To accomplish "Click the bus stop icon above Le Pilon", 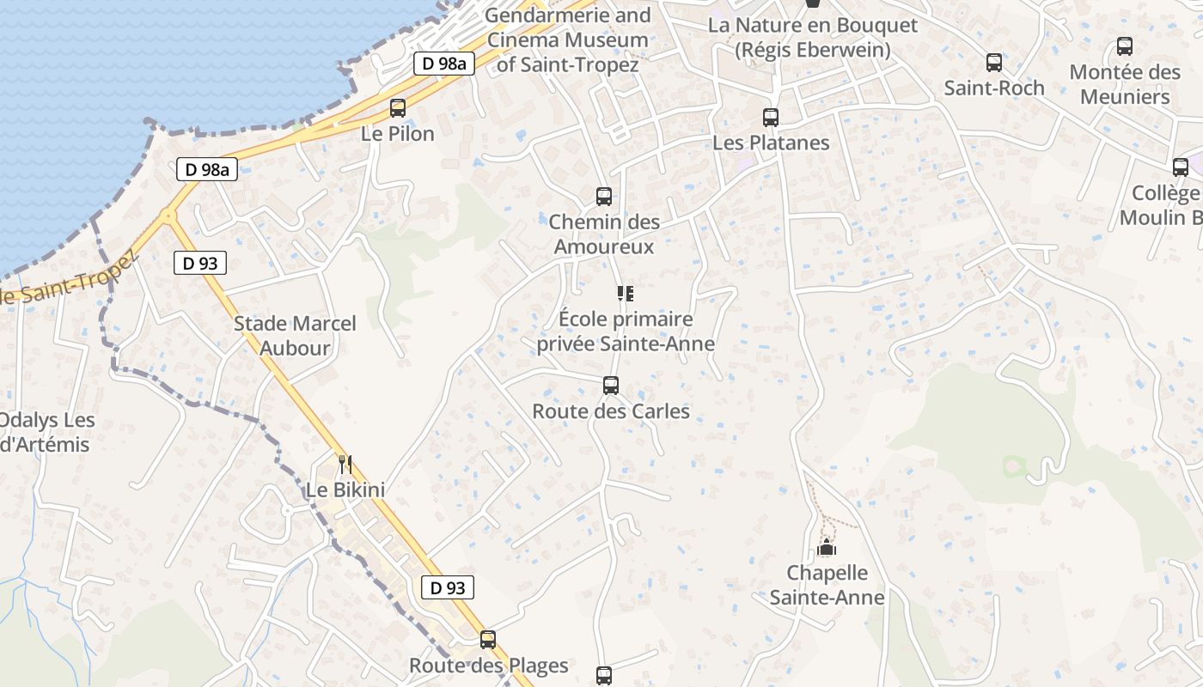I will [397, 108].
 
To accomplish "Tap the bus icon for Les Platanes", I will [771, 118].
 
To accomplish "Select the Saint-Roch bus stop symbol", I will [994, 63].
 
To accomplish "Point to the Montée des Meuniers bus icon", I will [1125, 46].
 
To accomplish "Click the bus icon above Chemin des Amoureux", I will [604, 197].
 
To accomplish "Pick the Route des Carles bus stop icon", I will [611, 386].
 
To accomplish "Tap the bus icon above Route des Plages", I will [488, 640].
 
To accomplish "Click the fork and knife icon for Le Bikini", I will [345, 465].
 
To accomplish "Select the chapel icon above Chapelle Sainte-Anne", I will [827, 547].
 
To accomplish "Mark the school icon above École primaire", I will [626, 295].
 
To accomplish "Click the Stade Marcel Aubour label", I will [295, 336].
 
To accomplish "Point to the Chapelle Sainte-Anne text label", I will [827, 585].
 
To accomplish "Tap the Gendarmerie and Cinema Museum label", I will [568, 40].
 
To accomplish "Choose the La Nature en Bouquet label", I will [812, 38].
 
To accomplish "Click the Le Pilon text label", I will [398, 134].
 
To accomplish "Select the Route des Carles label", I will [611, 411].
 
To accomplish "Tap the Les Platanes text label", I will [771, 143].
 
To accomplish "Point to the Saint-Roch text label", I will [994, 88].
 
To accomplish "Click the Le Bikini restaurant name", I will [345, 489].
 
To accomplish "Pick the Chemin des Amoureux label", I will [604, 234].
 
